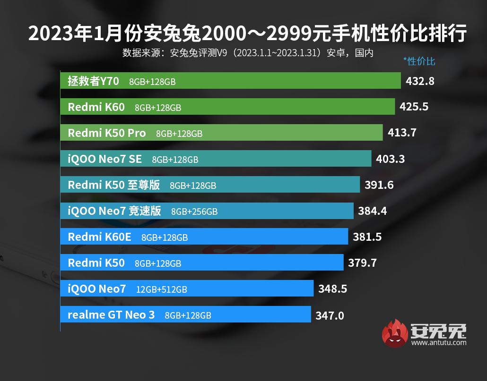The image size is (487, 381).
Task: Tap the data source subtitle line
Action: (x=248, y=52)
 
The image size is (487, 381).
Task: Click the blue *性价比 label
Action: (x=419, y=61)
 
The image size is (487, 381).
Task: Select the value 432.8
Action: (x=420, y=81)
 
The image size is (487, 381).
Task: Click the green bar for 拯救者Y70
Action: (x=284, y=81)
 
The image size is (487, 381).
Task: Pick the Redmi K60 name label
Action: (x=96, y=107)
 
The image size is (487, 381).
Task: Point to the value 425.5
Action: (x=414, y=107)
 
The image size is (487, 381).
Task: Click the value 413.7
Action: (x=402, y=133)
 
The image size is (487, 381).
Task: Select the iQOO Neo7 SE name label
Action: (x=105, y=159)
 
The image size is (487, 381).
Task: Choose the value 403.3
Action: (x=390, y=159)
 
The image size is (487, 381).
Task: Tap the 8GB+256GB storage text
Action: (x=194, y=212)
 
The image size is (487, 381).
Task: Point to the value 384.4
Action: (x=373, y=211)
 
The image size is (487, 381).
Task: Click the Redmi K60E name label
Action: (x=99, y=237)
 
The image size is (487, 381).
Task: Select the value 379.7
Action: (x=362, y=263)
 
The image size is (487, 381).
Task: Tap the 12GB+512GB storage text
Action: (x=161, y=289)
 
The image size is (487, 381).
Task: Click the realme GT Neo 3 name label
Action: (x=111, y=315)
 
